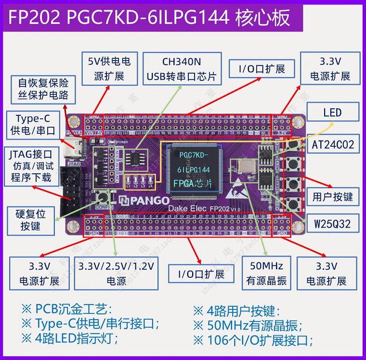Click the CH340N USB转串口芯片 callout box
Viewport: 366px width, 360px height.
(181, 69)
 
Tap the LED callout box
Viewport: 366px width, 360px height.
(333, 113)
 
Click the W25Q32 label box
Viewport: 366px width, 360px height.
(332, 224)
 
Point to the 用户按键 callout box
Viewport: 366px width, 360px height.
(333, 196)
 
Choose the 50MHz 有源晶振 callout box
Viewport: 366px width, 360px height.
(266, 273)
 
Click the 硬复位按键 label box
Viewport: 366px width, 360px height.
(30, 219)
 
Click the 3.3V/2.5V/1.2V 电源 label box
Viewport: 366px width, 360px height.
(117, 273)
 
